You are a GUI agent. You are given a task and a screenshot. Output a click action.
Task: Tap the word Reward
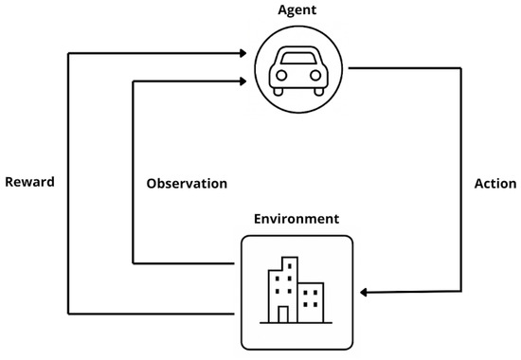coord(29,183)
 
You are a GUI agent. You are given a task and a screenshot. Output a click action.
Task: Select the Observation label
coord(188,183)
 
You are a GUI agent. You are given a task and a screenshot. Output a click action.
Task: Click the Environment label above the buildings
coord(296,219)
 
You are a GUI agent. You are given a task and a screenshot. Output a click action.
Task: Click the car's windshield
coord(296,60)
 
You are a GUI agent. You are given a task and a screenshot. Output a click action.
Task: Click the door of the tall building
coord(282,314)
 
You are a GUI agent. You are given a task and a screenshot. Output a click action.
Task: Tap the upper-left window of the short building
coord(305,293)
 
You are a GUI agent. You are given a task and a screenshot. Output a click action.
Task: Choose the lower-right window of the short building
coord(315,306)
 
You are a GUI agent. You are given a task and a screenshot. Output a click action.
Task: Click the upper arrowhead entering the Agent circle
coord(248,53)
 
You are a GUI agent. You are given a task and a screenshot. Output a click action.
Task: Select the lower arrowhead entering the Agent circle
coord(248,82)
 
